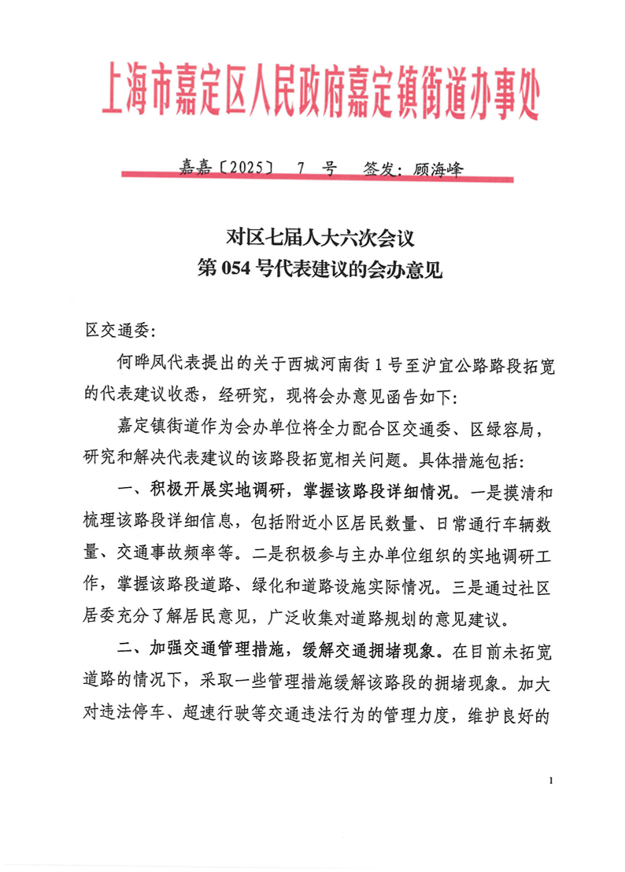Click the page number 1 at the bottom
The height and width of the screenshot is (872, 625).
pyautogui.click(x=552, y=781)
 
